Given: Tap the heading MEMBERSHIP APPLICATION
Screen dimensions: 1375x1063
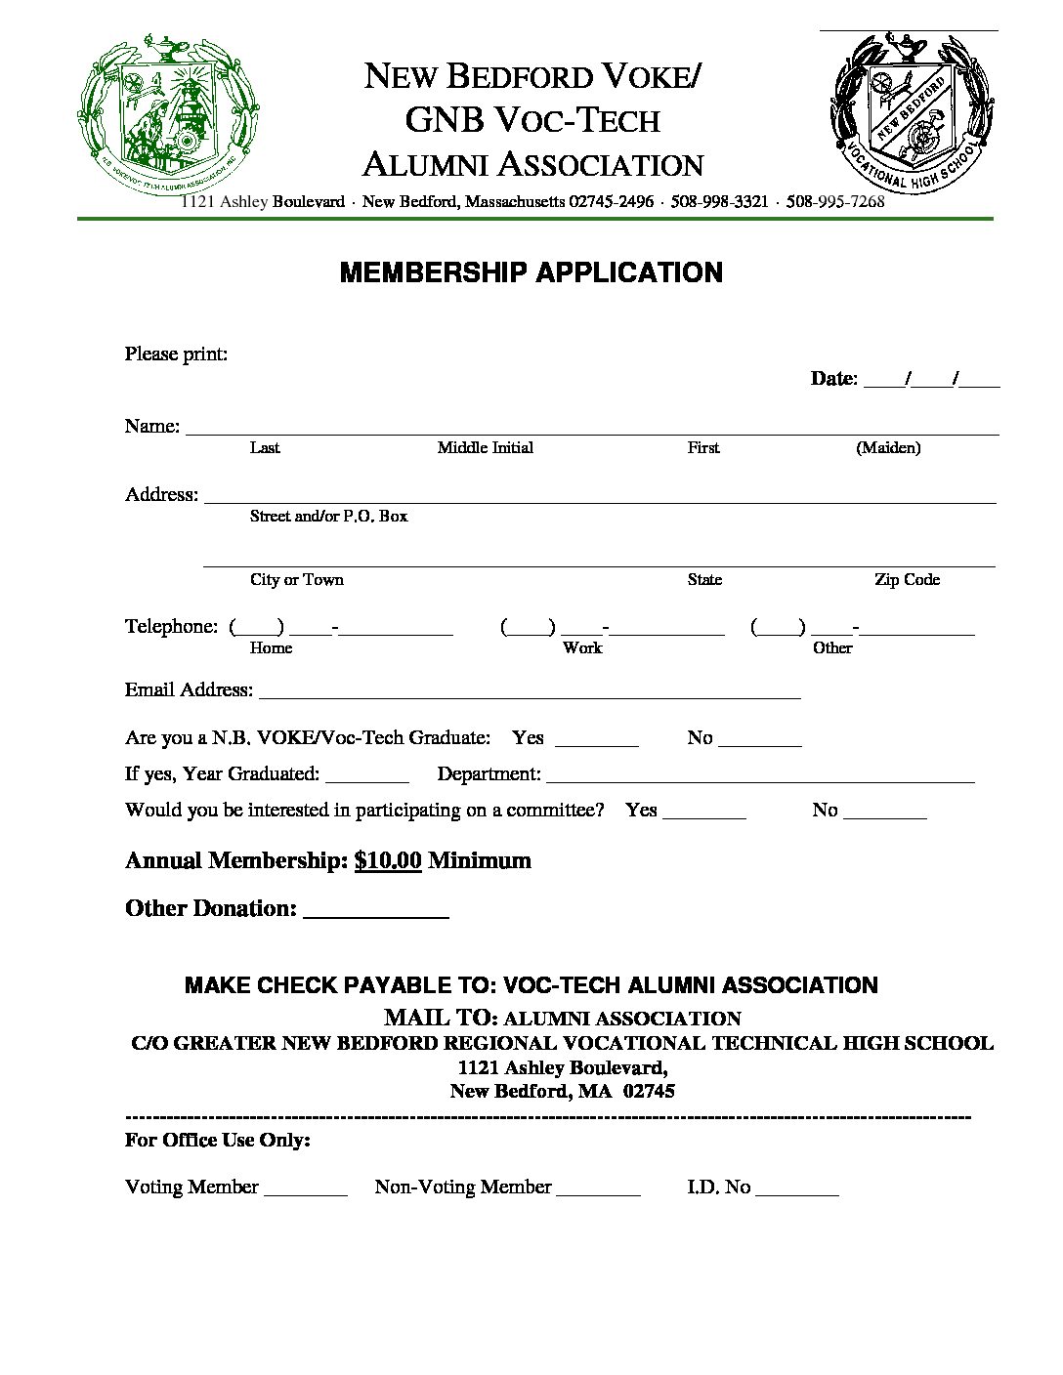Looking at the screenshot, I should click(x=531, y=272).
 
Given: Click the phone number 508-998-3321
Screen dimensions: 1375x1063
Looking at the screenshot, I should click(x=719, y=202).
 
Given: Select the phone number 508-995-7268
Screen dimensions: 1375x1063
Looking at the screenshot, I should click(x=835, y=202).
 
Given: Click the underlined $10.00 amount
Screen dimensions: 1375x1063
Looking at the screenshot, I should click(x=388, y=860).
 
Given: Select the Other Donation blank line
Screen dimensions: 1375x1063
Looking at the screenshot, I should click(x=376, y=915).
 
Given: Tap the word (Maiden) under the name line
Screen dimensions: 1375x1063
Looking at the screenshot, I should click(x=888, y=448).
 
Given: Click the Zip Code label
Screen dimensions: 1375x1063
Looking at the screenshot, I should click(x=907, y=580).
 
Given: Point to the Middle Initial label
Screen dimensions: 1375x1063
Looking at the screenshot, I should click(x=485, y=448).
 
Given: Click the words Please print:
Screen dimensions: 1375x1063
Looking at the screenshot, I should click(x=176, y=354).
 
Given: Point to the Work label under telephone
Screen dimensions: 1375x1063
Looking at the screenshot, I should click(x=582, y=648).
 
